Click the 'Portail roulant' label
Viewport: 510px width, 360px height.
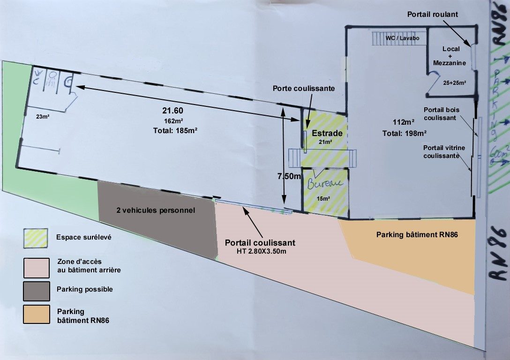click(x=432, y=15)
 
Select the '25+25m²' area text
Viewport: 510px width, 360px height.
click(x=454, y=83)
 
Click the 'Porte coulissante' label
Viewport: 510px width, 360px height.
click(x=304, y=89)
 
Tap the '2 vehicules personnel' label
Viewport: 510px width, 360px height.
click(x=155, y=210)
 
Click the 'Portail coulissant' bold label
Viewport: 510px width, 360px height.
click(x=260, y=243)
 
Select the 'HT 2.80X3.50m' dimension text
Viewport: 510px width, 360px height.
click(x=260, y=252)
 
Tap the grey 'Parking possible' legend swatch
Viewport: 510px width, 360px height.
click(x=36, y=291)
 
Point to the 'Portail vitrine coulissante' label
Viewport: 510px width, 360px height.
click(x=444, y=152)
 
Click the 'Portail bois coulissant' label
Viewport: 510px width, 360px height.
click(x=442, y=114)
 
